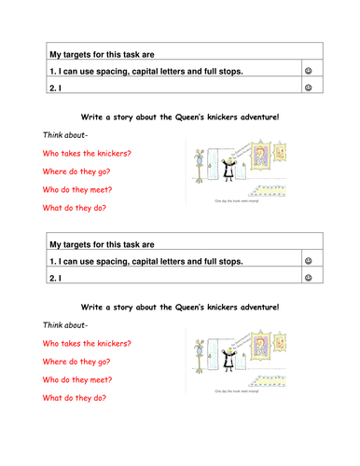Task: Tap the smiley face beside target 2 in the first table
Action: (308, 88)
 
